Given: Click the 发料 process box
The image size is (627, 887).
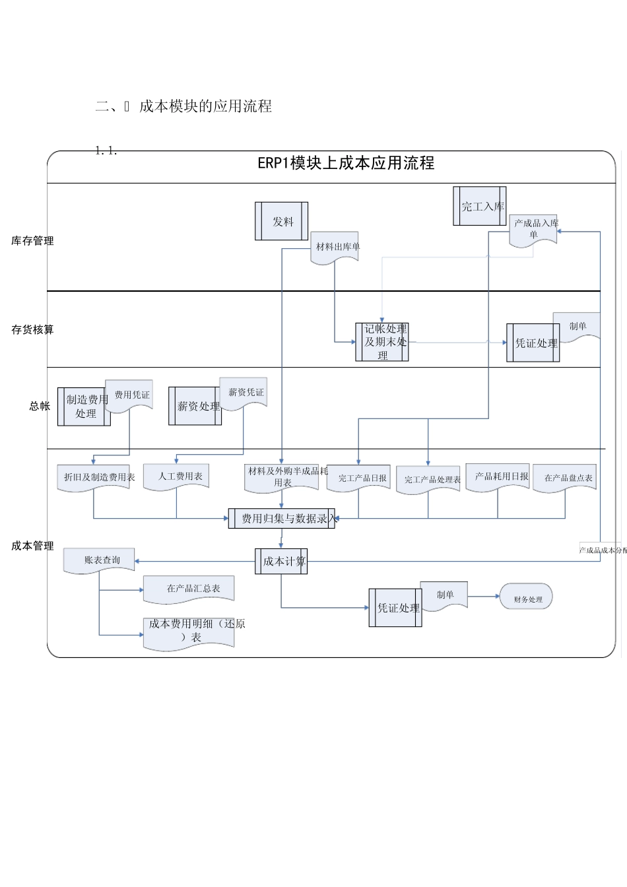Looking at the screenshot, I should pos(282,222).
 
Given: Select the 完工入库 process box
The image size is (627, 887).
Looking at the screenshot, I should pos(480,207).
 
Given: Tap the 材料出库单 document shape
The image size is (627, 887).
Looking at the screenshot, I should pos(335,247).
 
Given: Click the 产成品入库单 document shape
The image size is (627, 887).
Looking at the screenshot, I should pos(533,229).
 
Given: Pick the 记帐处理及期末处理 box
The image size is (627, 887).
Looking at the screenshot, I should pos(382,342).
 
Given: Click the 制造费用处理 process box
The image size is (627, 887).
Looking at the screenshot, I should pos(84,407).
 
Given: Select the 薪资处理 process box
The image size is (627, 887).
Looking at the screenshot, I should pos(195,406).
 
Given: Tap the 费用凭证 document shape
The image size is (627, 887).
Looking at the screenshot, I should pos(130,395).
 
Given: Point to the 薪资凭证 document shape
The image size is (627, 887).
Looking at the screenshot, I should pos(244,392).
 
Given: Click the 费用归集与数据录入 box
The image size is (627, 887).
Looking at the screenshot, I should pos(282,519).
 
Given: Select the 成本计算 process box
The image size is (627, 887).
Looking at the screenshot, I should pos(281,562).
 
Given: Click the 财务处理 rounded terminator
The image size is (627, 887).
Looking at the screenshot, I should pos(527,598).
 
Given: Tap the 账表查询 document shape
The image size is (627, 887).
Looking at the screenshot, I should pos(100,560).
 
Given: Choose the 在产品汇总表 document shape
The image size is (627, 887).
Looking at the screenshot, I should pos(189,588).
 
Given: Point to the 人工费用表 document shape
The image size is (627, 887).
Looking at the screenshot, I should pos(177,476).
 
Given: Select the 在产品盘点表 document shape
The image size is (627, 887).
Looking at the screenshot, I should pos(566,477).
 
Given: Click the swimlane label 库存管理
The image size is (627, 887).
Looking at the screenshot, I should pos(32,241).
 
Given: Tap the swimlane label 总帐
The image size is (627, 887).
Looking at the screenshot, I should pos(40,407).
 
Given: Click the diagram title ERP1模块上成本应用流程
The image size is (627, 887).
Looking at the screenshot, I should pos(345,163).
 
